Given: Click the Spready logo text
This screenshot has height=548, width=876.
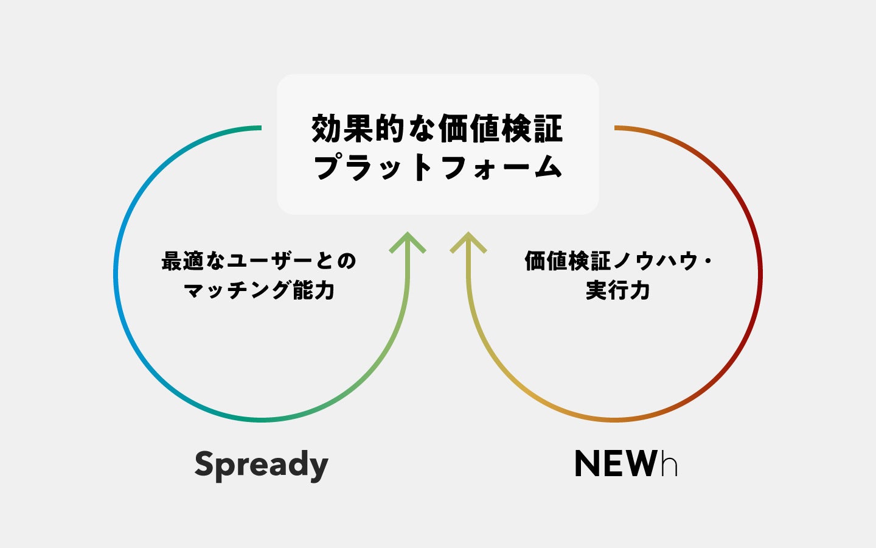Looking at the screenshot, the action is [262, 465].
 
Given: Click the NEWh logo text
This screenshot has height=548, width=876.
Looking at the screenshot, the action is [626, 464].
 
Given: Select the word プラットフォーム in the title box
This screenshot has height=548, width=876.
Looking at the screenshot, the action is [437, 166].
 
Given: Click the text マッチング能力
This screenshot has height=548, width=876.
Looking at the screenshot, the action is [260, 290].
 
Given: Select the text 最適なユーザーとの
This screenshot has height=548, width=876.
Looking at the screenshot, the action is [259, 261].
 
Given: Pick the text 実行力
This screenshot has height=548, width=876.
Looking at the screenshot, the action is [618, 290].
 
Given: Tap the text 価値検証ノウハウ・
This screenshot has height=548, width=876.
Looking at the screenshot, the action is [618, 261].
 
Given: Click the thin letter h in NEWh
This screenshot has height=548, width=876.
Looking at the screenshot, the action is [669, 465].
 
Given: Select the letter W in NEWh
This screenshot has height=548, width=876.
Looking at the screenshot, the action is [641, 464].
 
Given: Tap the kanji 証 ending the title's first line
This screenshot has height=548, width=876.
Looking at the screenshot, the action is [549, 129].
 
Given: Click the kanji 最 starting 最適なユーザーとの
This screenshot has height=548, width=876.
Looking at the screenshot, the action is [173, 261].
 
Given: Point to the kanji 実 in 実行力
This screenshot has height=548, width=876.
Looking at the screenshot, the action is [597, 290].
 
